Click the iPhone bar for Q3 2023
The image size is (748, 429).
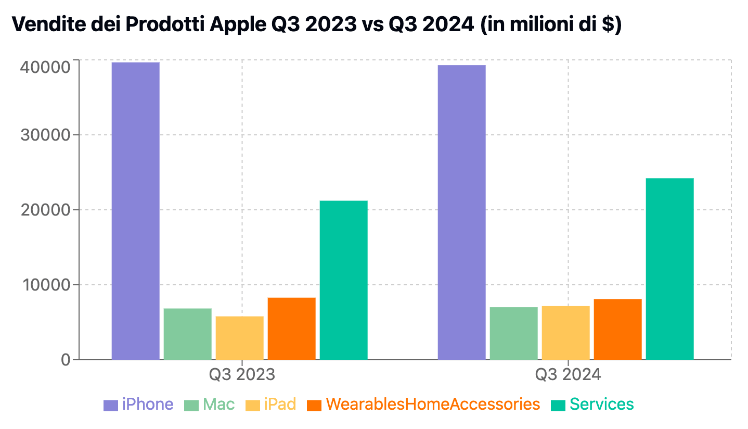136,211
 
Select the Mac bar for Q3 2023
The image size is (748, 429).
188,334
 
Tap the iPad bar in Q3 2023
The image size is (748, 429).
240,338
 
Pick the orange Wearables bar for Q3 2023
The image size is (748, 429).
291,329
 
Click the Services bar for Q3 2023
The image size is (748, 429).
344,280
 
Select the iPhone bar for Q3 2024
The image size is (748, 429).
462,212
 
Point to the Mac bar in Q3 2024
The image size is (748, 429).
514,333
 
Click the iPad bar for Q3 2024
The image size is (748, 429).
565,333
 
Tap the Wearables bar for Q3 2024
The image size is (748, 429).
618,330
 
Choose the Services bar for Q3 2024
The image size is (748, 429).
670,269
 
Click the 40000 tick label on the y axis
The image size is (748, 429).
45,67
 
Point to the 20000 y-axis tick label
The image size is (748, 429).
45,210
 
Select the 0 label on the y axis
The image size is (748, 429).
66,360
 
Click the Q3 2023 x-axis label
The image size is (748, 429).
242,374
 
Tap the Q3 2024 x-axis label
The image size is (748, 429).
568,374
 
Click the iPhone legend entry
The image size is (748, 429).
138,405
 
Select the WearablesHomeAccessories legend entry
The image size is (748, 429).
423,405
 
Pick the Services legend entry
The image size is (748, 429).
592,405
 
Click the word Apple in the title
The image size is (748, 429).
238,24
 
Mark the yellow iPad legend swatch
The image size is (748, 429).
252,405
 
